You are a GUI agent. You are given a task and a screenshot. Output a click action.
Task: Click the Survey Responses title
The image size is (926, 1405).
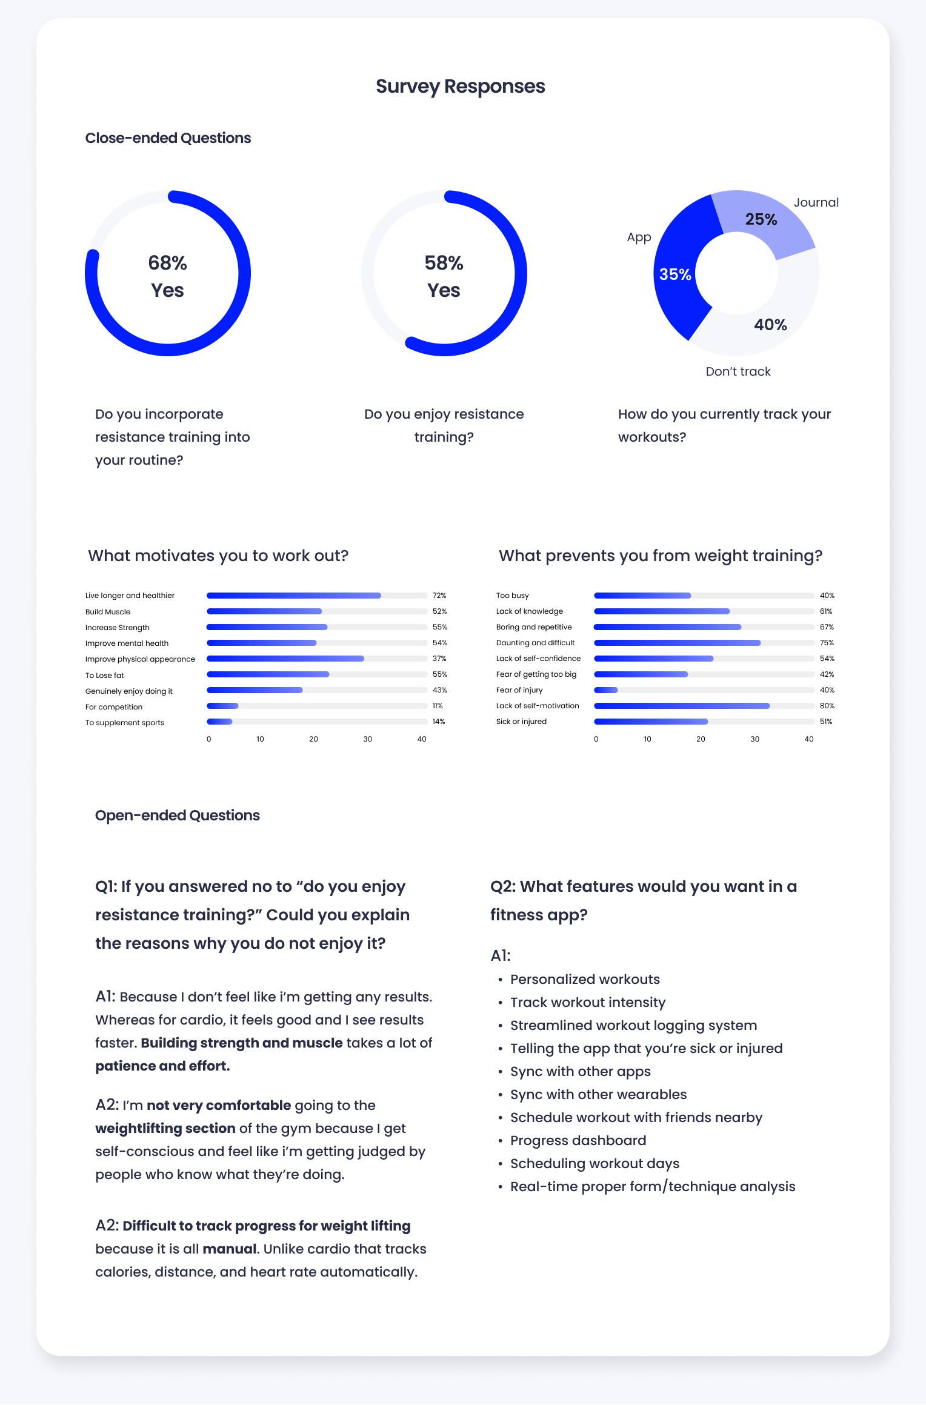pos(460,87)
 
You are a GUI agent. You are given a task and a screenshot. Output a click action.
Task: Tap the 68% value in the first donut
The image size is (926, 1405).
pos(167,263)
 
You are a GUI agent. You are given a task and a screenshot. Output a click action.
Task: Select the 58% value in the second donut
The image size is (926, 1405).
pos(444,263)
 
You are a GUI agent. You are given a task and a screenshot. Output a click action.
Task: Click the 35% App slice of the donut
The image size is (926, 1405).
pos(675,274)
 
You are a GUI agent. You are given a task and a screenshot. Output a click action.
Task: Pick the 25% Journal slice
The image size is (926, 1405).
pos(761,219)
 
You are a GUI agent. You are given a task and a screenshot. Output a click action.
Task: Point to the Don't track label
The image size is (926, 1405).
pos(738,371)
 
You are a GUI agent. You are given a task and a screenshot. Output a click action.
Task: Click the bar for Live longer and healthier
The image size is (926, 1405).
pos(294,596)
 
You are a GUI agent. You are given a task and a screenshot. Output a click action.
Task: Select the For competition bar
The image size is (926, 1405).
pos(222,706)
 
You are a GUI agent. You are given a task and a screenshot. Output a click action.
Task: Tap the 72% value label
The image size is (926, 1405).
pos(439,596)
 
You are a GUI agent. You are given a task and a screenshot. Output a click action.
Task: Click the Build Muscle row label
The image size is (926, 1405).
pos(108,612)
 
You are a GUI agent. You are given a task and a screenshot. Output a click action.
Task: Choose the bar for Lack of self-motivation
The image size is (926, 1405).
pos(682,706)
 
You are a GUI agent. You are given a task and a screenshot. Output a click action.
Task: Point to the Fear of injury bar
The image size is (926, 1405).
pos(606,690)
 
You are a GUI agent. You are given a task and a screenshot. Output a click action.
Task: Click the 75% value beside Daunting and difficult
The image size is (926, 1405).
pos(827,643)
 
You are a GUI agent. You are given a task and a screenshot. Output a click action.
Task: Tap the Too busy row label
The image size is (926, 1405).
pos(512,596)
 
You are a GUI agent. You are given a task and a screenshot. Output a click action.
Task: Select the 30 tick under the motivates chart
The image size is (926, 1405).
pos(367,739)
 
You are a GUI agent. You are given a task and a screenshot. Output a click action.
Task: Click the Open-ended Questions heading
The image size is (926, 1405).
pos(177,815)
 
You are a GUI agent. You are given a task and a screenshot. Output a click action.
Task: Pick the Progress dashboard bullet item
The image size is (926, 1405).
pos(578,1140)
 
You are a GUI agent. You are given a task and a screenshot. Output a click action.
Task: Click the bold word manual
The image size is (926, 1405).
pos(229,1249)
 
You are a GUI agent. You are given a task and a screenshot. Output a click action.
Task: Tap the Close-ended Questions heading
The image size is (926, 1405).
pos(168,138)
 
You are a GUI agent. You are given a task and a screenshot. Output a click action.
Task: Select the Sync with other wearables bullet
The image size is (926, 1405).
pos(598,1094)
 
